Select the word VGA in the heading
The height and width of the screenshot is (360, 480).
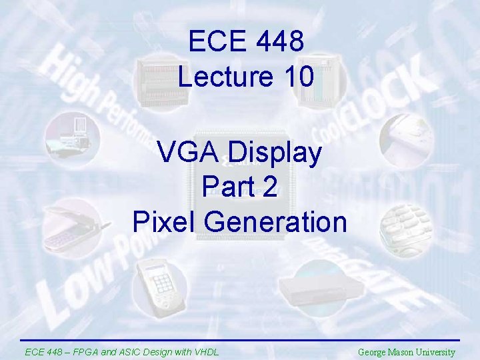click(190, 153)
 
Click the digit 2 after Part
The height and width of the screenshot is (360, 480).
click(270, 187)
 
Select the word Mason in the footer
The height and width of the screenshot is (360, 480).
click(406, 352)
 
